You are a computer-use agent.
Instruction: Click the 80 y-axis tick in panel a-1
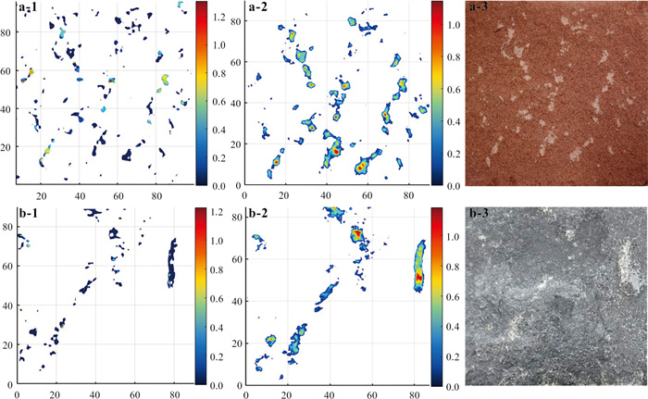(x=8, y=32)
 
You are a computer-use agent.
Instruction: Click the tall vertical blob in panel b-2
(x=418, y=268)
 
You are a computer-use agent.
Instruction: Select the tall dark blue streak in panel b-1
(x=170, y=263)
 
